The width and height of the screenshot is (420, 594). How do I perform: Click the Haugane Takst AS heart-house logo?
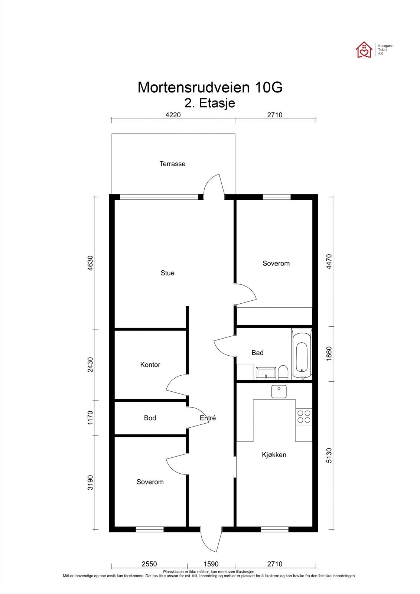click(x=364, y=50)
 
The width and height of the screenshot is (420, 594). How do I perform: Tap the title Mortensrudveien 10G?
click(x=210, y=87)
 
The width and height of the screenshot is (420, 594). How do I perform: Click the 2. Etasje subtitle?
click(x=210, y=103)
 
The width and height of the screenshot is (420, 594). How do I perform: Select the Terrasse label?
click(x=172, y=164)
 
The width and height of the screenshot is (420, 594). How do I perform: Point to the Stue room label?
click(x=167, y=273)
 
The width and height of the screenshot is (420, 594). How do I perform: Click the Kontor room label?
click(x=150, y=365)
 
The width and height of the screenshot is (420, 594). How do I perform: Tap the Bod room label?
click(x=150, y=418)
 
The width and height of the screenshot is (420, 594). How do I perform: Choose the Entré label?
click(x=208, y=418)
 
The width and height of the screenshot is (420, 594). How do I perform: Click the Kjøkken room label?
click(x=274, y=454)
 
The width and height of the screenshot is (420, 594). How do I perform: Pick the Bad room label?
click(x=257, y=352)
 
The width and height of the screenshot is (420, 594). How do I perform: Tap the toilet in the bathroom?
click(x=283, y=373)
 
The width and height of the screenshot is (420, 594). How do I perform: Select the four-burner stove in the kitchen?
click(x=304, y=417)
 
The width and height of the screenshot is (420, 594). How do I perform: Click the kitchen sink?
click(x=279, y=391)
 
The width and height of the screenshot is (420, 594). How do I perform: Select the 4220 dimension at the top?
click(x=173, y=115)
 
